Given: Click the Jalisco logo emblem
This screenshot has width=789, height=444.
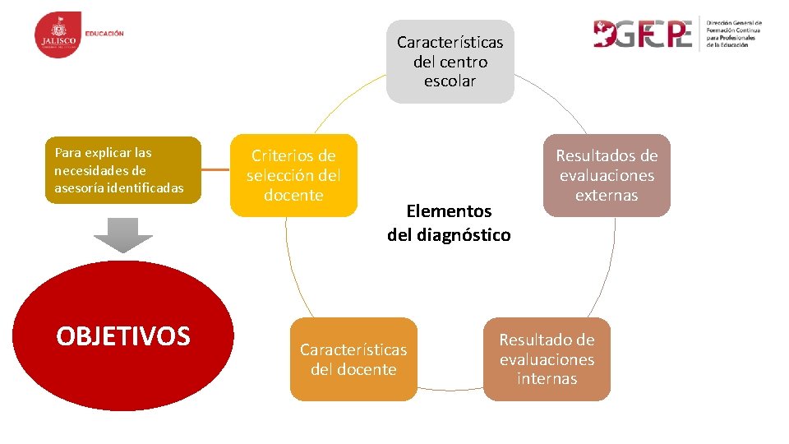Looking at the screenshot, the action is click(x=58, y=35).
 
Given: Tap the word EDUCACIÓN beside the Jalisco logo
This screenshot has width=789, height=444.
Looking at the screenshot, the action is click(x=104, y=34).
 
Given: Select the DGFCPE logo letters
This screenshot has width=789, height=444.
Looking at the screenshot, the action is click(x=643, y=34).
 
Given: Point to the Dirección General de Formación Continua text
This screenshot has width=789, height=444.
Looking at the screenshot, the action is click(x=734, y=34).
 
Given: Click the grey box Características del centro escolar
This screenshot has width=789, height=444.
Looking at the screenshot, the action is click(x=450, y=62).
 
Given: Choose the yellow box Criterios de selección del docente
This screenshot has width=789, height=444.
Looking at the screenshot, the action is click(x=293, y=175).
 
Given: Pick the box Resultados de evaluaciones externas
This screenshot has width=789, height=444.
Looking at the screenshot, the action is click(x=607, y=175).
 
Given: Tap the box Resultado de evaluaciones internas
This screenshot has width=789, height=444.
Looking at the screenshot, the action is click(x=547, y=359).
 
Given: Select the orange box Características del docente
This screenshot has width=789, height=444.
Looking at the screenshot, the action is click(x=353, y=359).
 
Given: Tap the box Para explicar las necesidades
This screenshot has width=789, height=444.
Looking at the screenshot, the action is click(x=122, y=170).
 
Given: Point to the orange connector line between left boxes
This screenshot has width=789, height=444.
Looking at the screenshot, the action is click(x=215, y=170).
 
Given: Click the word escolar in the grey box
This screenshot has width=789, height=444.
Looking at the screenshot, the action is click(x=450, y=81).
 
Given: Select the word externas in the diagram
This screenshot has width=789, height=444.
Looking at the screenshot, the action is click(x=607, y=196).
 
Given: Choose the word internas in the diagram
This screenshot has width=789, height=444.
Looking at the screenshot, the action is click(x=547, y=379).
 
